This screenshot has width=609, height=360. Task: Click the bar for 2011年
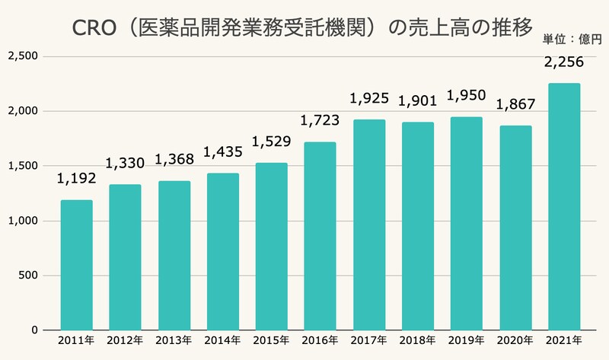[x=77, y=265]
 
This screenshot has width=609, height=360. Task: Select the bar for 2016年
[x=320, y=236]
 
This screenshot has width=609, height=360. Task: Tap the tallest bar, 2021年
[x=563, y=206]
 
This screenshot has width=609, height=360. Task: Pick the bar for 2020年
[x=515, y=228]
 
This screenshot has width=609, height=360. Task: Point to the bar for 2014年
[x=222, y=251]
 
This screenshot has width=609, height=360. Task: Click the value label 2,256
[x=563, y=64]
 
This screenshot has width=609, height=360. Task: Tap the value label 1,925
[x=368, y=100]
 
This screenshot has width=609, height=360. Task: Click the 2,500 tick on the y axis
[x=26, y=57]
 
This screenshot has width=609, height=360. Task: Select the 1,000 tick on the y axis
[x=26, y=221]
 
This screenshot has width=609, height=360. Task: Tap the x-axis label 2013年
[x=174, y=339]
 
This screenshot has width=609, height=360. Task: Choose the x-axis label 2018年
[x=417, y=339]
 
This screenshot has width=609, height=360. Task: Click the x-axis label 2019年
[x=466, y=339]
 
